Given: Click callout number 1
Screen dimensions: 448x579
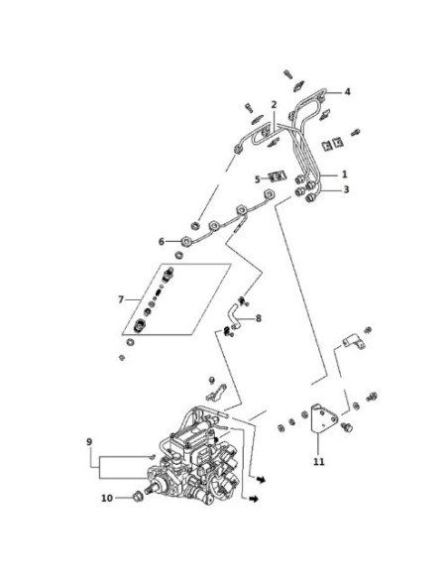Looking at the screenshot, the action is tap(345, 174).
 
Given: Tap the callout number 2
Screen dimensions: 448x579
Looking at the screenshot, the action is tap(274, 104).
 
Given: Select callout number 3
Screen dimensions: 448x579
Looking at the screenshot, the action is tap(346, 189).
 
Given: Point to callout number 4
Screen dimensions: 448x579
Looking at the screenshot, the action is tap(347, 91).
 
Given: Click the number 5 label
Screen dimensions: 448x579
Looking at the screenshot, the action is tap(258, 179).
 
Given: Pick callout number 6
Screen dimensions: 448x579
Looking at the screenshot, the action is tap(162, 242).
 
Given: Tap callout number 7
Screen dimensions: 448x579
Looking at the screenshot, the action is tap(121, 299).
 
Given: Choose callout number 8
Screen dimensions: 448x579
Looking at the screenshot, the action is tap(259, 318).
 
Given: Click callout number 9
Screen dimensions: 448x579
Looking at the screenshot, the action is tap(89, 441).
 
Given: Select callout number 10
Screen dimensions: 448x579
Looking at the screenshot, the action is tap(107, 498).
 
